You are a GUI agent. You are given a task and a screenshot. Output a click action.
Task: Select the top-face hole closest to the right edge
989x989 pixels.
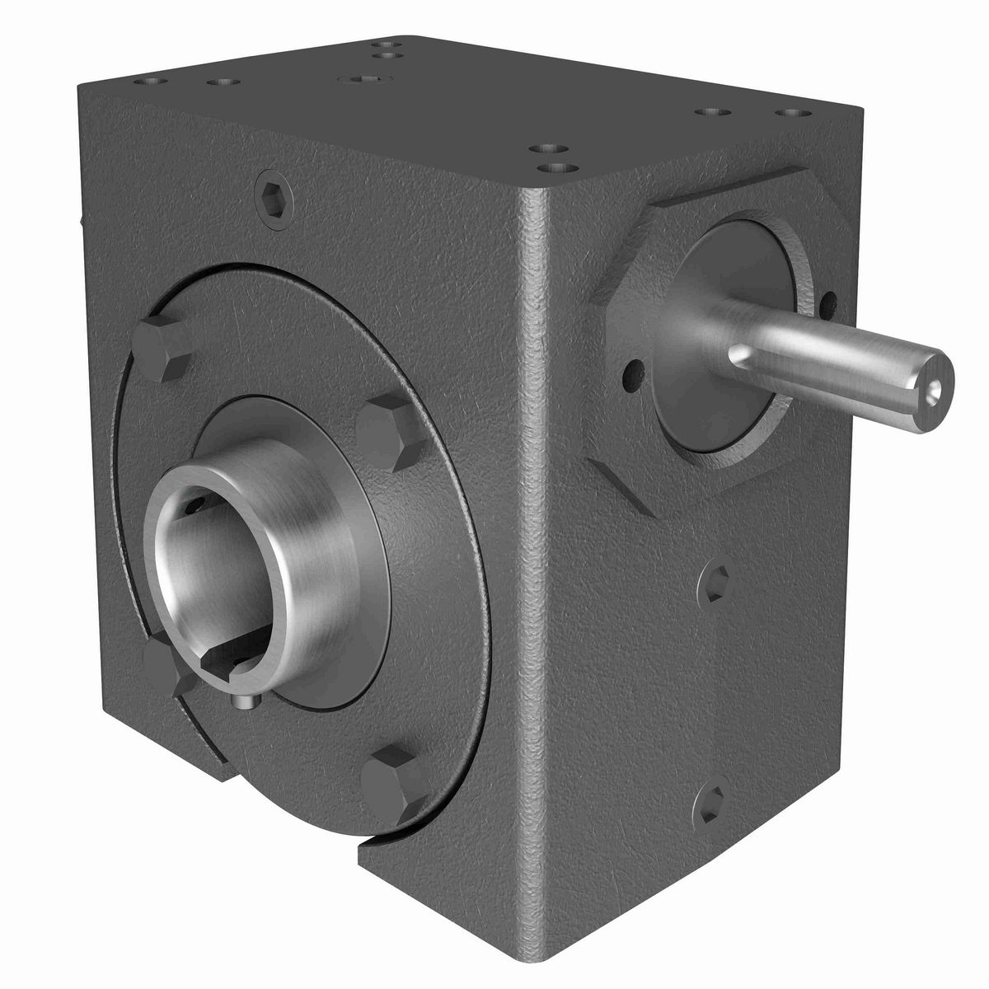789,113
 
